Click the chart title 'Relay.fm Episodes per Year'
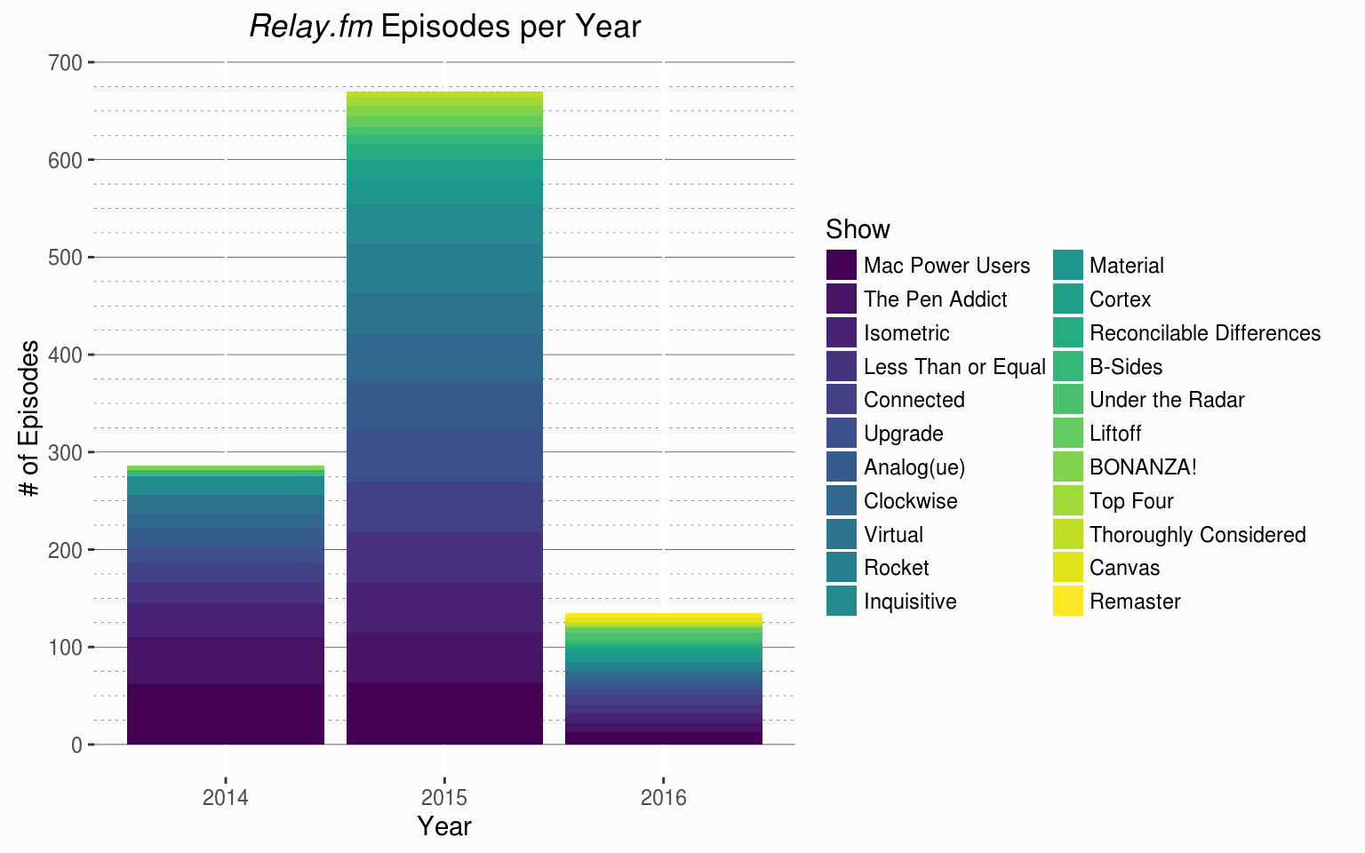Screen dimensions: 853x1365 coord(444,27)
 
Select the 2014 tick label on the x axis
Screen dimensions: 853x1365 coord(226,797)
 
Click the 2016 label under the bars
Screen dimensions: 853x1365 coord(664,797)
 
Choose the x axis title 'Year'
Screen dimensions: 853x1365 coord(444,826)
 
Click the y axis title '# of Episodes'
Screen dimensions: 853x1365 coord(30,418)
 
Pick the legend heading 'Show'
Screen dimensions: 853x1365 coord(858,229)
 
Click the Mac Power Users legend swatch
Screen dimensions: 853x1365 coord(841,266)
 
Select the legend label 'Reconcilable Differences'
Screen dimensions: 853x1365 coord(1204,333)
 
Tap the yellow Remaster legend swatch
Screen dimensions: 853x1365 coord(1068,602)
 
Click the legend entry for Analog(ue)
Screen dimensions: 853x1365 coord(914,467)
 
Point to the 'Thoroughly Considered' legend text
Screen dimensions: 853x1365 coord(1197,535)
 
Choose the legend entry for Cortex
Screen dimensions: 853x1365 coord(1120,299)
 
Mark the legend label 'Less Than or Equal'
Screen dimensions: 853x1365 coord(954,367)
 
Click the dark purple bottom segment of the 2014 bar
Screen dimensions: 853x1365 coord(226,714)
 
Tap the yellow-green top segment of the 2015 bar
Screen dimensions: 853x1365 coord(444,94)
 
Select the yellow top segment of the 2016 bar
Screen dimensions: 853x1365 coord(664,616)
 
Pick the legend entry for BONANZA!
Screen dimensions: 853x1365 coord(1143,467)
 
